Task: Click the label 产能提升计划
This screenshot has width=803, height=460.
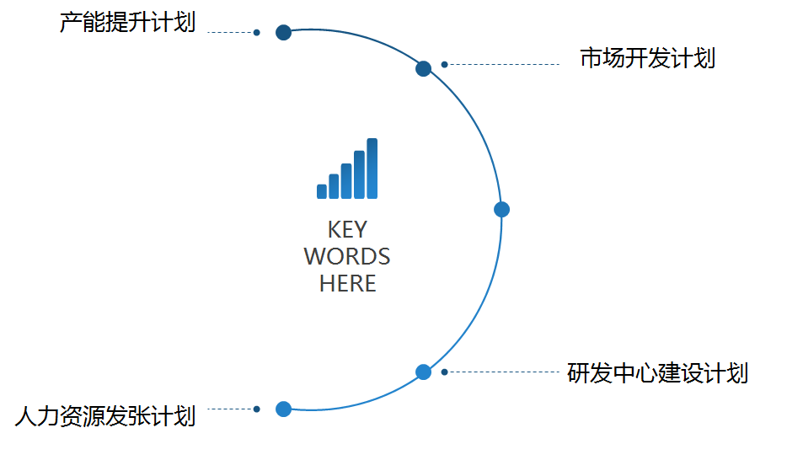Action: point(127,23)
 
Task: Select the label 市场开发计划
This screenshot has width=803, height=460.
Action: point(648,58)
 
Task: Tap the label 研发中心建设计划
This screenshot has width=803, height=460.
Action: point(657,373)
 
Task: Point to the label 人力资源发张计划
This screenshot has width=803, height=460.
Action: point(105,416)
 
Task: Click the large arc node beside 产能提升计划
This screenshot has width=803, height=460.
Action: point(283,32)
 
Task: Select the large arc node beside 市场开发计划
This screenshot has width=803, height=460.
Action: point(423,68)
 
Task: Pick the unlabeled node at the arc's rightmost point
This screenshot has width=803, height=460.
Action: point(502,210)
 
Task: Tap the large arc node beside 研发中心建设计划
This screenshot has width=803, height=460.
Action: point(423,372)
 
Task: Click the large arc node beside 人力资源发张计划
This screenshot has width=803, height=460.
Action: point(283,409)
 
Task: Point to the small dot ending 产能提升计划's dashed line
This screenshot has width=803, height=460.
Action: point(256,32)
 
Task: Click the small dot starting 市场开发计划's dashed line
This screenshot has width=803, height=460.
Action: point(445,65)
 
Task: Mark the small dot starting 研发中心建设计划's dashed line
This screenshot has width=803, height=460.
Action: point(445,372)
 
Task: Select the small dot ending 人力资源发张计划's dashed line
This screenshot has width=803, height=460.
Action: point(256,409)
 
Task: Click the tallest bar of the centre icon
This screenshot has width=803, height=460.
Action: point(372,168)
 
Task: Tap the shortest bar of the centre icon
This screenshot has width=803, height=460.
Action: point(322,191)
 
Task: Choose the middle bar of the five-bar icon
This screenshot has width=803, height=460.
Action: point(346,181)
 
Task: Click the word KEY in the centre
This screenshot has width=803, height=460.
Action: point(348,229)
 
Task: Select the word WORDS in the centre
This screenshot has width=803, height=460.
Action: point(347,257)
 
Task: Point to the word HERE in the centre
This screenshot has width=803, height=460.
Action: point(348,284)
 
